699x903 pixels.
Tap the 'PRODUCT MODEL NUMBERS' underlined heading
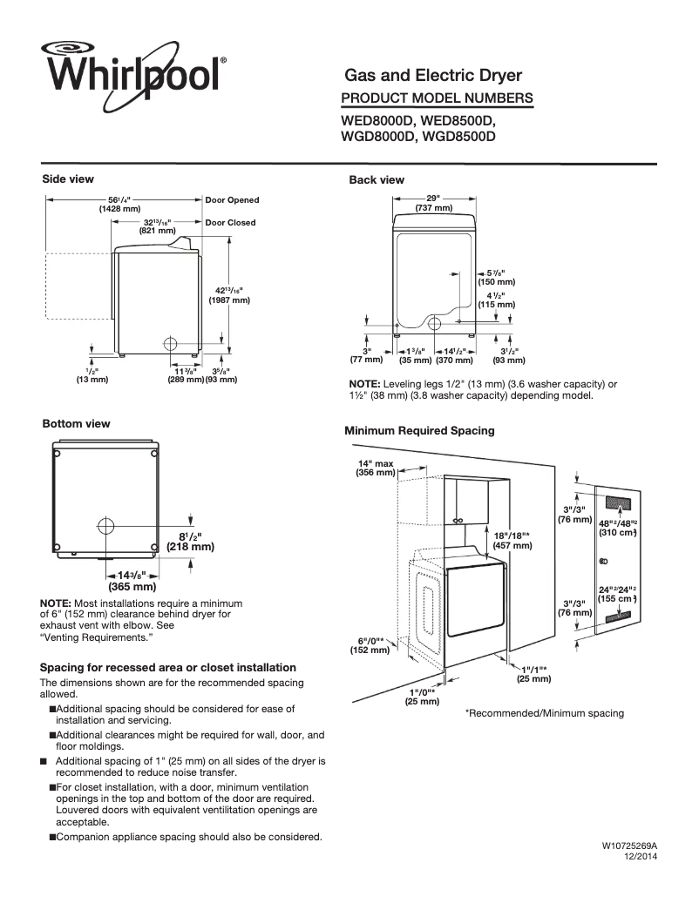point(437,98)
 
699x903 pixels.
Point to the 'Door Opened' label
point(232,200)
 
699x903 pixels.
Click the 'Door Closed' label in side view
point(230,222)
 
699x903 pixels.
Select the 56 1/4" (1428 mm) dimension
point(119,205)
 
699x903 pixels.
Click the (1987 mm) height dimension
point(229,300)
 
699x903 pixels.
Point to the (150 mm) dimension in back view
point(496,282)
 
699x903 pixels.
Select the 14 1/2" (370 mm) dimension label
point(453,355)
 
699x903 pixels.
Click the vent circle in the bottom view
point(105,525)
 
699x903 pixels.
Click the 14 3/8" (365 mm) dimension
point(132,581)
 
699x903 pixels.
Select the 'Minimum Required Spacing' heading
point(419,431)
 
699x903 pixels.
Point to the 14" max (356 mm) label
point(376,468)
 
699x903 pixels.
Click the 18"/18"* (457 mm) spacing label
point(512,541)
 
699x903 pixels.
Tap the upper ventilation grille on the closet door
point(618,504)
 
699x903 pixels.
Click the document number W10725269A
point(628,846)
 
